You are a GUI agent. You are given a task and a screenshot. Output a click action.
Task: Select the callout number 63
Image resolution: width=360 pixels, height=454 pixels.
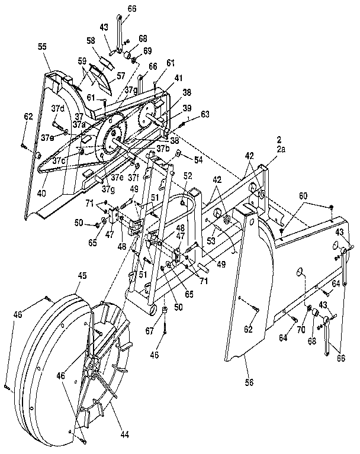(x=205, y=114)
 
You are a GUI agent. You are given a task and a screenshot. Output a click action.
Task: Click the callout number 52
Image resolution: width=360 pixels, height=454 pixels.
(x=188, y=175)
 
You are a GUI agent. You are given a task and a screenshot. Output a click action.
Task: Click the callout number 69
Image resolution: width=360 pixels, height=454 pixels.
(x=147, y=51)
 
